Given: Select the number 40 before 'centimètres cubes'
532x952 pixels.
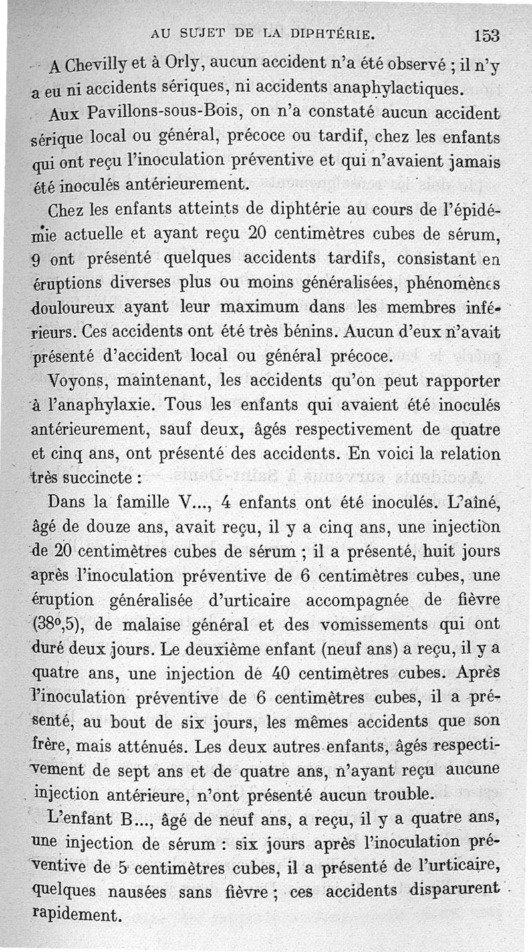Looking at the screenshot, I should [x=280, y=672].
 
